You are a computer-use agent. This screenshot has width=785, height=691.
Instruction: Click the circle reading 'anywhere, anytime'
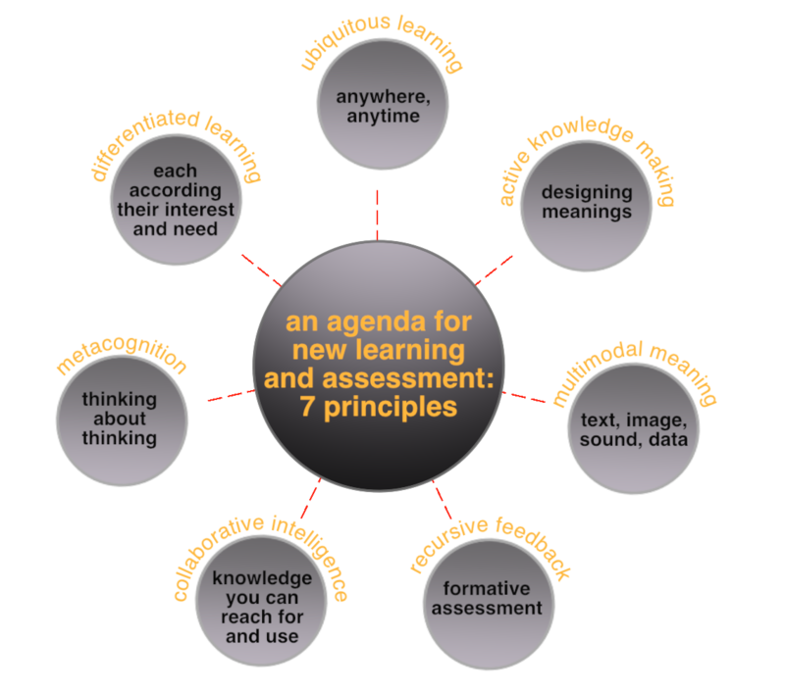[377, 106]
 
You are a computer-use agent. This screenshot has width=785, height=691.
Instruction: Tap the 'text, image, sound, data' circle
[634, 428]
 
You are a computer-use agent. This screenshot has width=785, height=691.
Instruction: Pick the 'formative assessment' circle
[487, 599]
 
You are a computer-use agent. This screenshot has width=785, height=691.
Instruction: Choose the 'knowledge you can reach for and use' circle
[261, 607]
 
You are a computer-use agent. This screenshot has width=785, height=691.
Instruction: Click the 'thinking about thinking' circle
[120, 419]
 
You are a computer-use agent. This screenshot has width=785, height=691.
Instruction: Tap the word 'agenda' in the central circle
[370, 321]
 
